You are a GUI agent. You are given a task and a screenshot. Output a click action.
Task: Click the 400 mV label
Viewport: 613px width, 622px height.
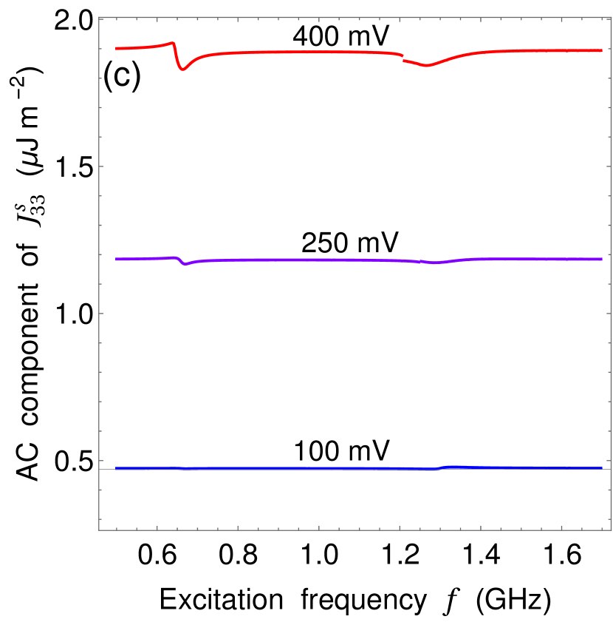point(341,36)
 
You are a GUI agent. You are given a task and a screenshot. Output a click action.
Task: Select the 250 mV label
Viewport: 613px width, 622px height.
point(351,243)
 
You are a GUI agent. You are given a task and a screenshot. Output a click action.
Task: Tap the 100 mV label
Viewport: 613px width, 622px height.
point(341,451)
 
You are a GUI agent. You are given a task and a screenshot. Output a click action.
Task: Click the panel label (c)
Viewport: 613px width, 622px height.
point(122,78)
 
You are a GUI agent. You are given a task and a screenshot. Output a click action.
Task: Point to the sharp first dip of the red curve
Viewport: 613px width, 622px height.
point(183,69)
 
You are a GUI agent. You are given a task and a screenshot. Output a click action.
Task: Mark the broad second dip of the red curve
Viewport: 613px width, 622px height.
point(425,66)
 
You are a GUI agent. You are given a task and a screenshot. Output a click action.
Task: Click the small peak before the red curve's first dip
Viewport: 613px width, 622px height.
point(172,43)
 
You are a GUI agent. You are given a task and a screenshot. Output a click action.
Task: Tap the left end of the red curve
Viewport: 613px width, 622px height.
point(117,48)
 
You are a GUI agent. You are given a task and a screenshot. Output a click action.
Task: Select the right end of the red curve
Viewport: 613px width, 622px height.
point(603,50)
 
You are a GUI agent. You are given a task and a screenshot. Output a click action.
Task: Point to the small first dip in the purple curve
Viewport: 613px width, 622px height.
point(185,263)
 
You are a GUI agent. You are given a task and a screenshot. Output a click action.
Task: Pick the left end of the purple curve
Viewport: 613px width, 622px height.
point(117,259)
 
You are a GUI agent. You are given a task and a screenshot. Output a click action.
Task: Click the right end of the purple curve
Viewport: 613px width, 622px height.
point(603,259)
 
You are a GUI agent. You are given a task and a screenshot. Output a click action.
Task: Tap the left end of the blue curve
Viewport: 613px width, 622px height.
point(117,468)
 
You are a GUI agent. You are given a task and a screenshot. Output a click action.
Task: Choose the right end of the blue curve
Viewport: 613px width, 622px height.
point(603,468)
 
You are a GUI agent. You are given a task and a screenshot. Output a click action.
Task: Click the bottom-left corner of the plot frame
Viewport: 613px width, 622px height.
point(99,530)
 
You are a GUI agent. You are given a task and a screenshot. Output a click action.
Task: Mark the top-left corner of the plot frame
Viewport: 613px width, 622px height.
point(99,18)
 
